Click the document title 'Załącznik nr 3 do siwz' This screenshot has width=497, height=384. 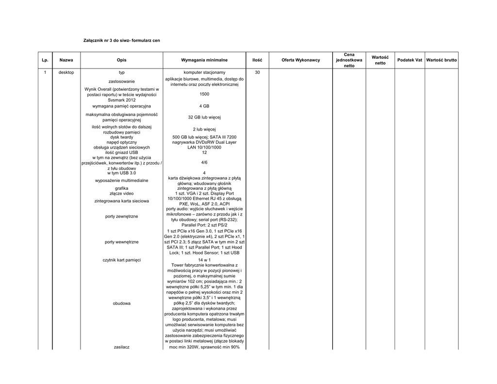point(122,40)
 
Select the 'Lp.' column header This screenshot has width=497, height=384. point(45,60)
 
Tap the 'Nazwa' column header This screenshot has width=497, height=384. point(66,60)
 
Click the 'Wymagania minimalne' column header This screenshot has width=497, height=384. point(204,60)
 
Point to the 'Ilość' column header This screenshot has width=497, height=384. point(257,60)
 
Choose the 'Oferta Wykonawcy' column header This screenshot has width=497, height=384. point(300,60)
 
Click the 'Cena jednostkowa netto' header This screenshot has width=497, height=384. point(349,60)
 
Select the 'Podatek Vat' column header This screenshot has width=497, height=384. point(410,60)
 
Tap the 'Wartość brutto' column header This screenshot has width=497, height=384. point(441,60)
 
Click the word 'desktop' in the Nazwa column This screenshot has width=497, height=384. point(66,72)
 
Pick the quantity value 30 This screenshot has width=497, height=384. point(257,72)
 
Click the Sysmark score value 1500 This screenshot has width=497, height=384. point(204,94)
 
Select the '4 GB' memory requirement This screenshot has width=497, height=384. point(204,106)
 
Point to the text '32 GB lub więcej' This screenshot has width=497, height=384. point(204,117)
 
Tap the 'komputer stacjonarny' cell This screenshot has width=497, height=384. point(204,72)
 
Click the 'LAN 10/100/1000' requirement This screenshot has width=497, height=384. point(204,147)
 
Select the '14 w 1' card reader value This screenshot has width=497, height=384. point(204,260)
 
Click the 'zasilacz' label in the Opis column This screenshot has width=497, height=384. point(122,347)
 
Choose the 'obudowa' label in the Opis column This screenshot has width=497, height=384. point(122,303)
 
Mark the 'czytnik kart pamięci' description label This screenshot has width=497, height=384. point(122,260)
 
